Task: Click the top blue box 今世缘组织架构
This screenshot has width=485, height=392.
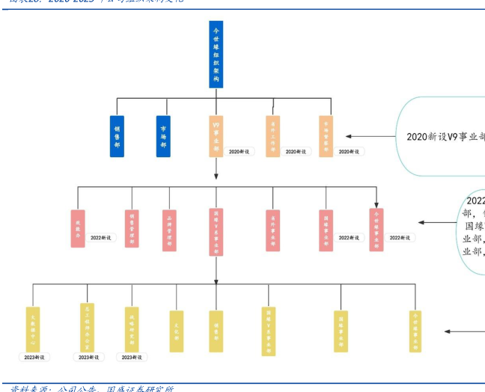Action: pyautogui.click(x=216, y=54)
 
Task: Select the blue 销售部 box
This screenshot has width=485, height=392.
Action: pyautogui.click(x=117, y=135)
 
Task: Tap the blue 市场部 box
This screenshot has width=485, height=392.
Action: pyautogui.click(x=163, y=135)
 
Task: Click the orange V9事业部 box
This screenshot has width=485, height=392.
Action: pyautogui.click(x=216, y=135)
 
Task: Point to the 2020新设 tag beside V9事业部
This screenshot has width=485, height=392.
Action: pyautogui.click(x=241, y=152)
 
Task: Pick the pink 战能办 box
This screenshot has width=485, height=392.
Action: pyautogui.click(x=78, y=228)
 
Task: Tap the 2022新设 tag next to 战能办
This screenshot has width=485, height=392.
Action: pyautogui.click(x=101, y=237)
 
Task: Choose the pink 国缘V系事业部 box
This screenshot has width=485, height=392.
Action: pyautogui.click(x=216, y=232)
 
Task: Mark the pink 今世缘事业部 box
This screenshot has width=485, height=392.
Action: pyautogui.click(x=376, y=229)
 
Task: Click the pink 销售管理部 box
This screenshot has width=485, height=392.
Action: pyautogui.click(x=132, y=228)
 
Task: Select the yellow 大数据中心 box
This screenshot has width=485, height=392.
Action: pyautogui.click(x=32, y=328)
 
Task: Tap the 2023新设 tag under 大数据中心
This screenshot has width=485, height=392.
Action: pyautogui.click(x=34, y=358)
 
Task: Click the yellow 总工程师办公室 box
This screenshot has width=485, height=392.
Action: pyautogui.click(x=88, y=326)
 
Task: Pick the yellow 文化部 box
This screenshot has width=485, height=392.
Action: pyautogui.click(x=177, y=331)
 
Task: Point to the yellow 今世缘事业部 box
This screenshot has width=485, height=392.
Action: pyautogui.click(x=415, y=331)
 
